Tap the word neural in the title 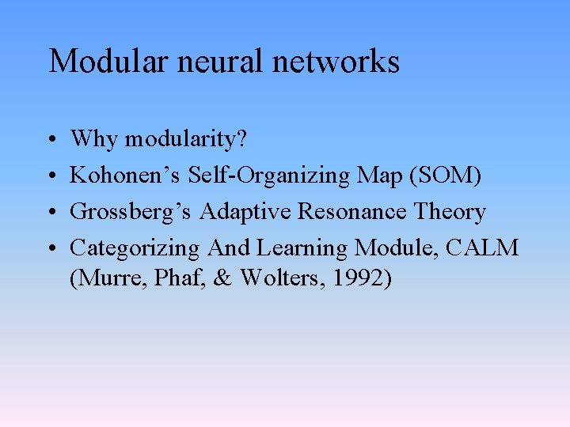(206, 61)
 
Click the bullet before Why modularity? (50, 140)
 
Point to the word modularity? (186, 140)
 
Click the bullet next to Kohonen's (50, 176)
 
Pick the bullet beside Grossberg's (50, 213)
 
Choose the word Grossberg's (131, 213)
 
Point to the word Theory (448, 213)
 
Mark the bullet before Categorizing (50, 249)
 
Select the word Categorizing (135, 249)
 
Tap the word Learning (302, 249)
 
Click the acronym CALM (482, 248)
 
